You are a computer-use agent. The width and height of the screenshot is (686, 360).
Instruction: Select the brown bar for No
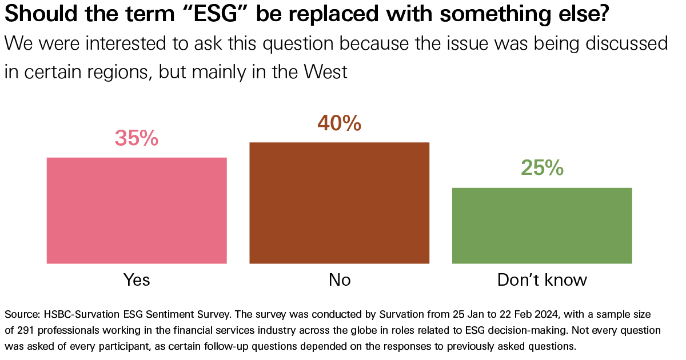tap(339, 203)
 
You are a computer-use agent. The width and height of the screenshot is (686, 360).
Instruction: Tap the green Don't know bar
tap(542, 225)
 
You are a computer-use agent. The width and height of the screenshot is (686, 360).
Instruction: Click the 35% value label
tap(137, 138)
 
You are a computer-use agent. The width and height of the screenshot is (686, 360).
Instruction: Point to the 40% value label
tap(339, 123)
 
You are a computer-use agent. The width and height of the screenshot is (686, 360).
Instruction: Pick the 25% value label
tap(542, 168)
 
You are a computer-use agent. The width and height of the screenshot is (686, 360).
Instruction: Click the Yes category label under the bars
tap(137, 279)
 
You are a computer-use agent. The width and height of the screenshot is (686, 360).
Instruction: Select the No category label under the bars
tap(340, 279)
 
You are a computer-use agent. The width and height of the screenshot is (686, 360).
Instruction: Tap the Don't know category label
tap(542, 279)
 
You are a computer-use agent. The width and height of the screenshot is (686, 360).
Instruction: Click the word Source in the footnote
tap(21, 315)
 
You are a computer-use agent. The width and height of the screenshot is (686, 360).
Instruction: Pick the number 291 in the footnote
tap(25, 331)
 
